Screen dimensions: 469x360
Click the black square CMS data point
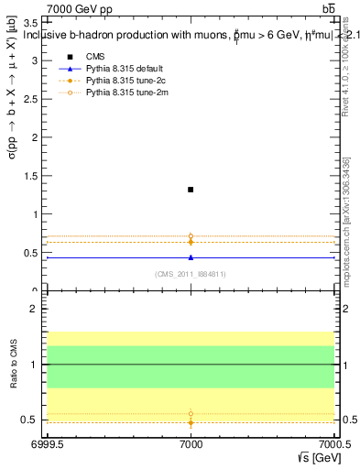pos(191,190)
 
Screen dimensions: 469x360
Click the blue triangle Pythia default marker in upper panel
pos(191,257)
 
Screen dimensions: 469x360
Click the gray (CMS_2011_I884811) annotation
pos(191,273)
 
